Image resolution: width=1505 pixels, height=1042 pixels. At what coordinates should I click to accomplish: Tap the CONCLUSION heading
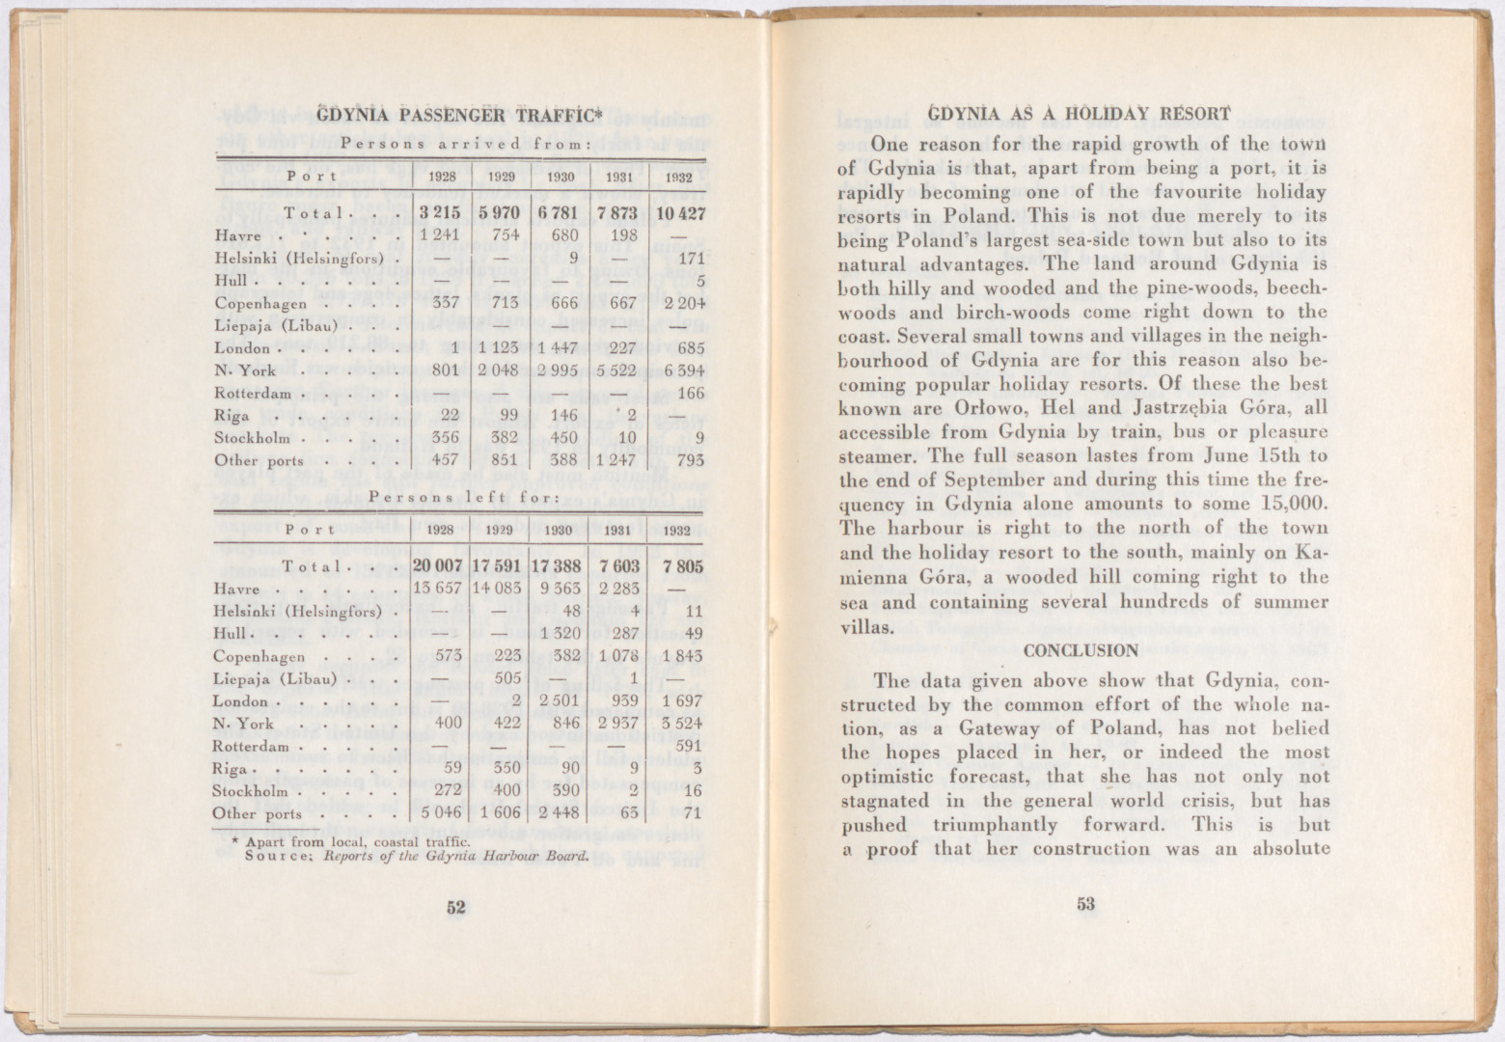[x=1081, y=650]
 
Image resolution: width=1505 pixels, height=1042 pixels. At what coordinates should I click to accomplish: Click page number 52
[x=456, y=906]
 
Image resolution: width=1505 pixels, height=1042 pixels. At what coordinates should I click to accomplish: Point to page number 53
[x=1085, y=904]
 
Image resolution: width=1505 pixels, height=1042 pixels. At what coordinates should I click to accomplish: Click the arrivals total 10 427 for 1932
[x=680, y=212]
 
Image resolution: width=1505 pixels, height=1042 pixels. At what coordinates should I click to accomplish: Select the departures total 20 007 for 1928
[x=438, y=566]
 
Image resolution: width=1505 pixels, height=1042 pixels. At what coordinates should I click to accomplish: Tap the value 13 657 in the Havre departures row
[x=438, y=589]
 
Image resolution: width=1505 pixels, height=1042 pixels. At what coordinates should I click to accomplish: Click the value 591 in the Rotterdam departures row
[x=687, y=745]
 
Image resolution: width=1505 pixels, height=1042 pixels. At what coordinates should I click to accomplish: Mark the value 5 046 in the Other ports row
[x=440, y=812]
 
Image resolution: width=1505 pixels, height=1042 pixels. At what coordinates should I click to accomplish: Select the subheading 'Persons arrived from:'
[x=459, y=144]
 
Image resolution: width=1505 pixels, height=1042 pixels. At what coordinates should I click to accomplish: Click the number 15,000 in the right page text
[x=1293, y=504]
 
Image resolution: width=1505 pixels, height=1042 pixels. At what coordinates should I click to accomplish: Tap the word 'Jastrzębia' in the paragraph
[x=1156, y=408]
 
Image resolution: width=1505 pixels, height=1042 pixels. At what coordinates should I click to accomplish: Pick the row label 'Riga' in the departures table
[x=232, y=769]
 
